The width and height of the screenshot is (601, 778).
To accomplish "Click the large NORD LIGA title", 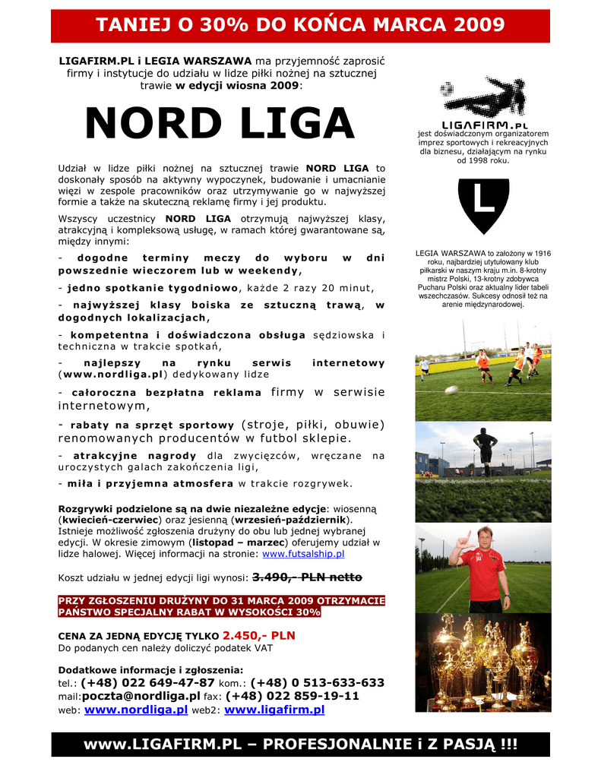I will (220, 125).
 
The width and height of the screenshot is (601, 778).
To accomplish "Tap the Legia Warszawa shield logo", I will (482, 206).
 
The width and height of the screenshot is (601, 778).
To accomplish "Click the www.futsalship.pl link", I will (303, 555).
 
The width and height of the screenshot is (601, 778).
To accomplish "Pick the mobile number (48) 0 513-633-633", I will (317, 683).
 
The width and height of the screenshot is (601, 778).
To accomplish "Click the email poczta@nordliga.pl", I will (141, 696).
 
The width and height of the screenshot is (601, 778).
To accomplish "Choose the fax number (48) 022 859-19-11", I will (292, 696).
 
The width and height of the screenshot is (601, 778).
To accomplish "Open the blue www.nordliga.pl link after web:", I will (136, 710).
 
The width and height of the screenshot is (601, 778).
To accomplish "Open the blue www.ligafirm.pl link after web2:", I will (274, 710).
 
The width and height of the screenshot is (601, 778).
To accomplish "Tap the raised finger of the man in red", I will (459, 533).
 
